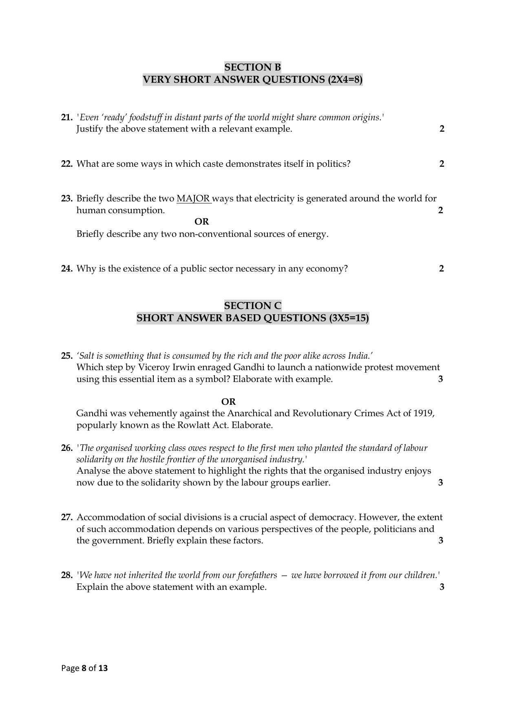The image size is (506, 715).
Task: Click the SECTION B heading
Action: click(x=252, y=67)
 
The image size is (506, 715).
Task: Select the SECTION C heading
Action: click(x=252, y=306)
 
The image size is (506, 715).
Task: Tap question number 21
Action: click(x=67, y=117)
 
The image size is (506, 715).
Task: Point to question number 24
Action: click(x=67, y=269)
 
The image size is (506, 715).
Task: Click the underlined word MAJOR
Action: click(x=193, y=199)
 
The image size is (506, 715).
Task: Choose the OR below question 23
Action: click(x=201, y=222)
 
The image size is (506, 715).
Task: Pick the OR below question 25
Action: click(x=228, y=402)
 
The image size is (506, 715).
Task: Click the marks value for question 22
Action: click(x=442, y=164)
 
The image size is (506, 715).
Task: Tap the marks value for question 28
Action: click(x=442, y=587)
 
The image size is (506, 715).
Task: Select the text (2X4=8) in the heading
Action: click(x=345, y=79)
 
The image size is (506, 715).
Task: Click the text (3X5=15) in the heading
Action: click(x=349, y=318)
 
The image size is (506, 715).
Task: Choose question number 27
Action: click(x=67, y=517)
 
